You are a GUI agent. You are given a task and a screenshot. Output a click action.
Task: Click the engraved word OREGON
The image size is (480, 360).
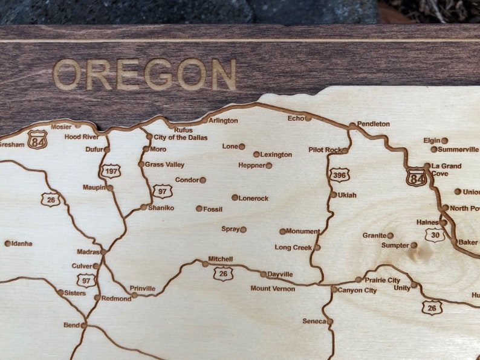click(x=144, y=74)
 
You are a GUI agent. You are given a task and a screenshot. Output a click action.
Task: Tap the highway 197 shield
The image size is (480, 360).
click(x=111, y=171)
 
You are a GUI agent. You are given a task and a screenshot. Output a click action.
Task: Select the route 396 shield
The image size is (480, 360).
click(x=340, y=175)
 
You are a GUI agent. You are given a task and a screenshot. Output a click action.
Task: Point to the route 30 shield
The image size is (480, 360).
click(x=434, y=235)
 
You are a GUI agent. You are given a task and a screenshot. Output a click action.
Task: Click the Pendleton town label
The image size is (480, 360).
click(x=374, y=124)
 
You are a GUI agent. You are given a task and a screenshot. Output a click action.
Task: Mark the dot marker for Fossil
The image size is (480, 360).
click(x=199, y=208)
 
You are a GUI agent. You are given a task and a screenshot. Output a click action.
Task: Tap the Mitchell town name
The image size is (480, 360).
click(x=220, y=259)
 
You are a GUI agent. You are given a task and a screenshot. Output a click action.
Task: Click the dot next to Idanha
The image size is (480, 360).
click(x=8, y=243)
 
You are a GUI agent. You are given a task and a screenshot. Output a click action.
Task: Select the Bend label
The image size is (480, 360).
click(x=71, y=325)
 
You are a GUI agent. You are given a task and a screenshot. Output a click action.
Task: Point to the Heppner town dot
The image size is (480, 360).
click(x=269, y=166)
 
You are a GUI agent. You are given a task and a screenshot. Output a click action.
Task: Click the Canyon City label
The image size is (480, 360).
click(x=357, y=291)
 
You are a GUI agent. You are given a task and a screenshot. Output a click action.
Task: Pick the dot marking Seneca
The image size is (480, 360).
click(x=330, y=321)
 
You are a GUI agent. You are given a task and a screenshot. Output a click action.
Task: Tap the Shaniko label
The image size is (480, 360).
click(x=161, y=208)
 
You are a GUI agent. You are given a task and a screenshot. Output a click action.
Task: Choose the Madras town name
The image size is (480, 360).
click(x=88, y=252)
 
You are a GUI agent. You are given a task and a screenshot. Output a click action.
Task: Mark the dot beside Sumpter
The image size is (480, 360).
click(x=414, y=245)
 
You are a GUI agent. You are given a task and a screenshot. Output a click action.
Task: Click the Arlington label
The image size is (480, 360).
click(x=223, y=121)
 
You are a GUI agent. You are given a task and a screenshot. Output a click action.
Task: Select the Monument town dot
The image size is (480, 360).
click(x=282, y=231)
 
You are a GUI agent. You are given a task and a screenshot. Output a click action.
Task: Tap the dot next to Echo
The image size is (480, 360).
click(x=308, y=118)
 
